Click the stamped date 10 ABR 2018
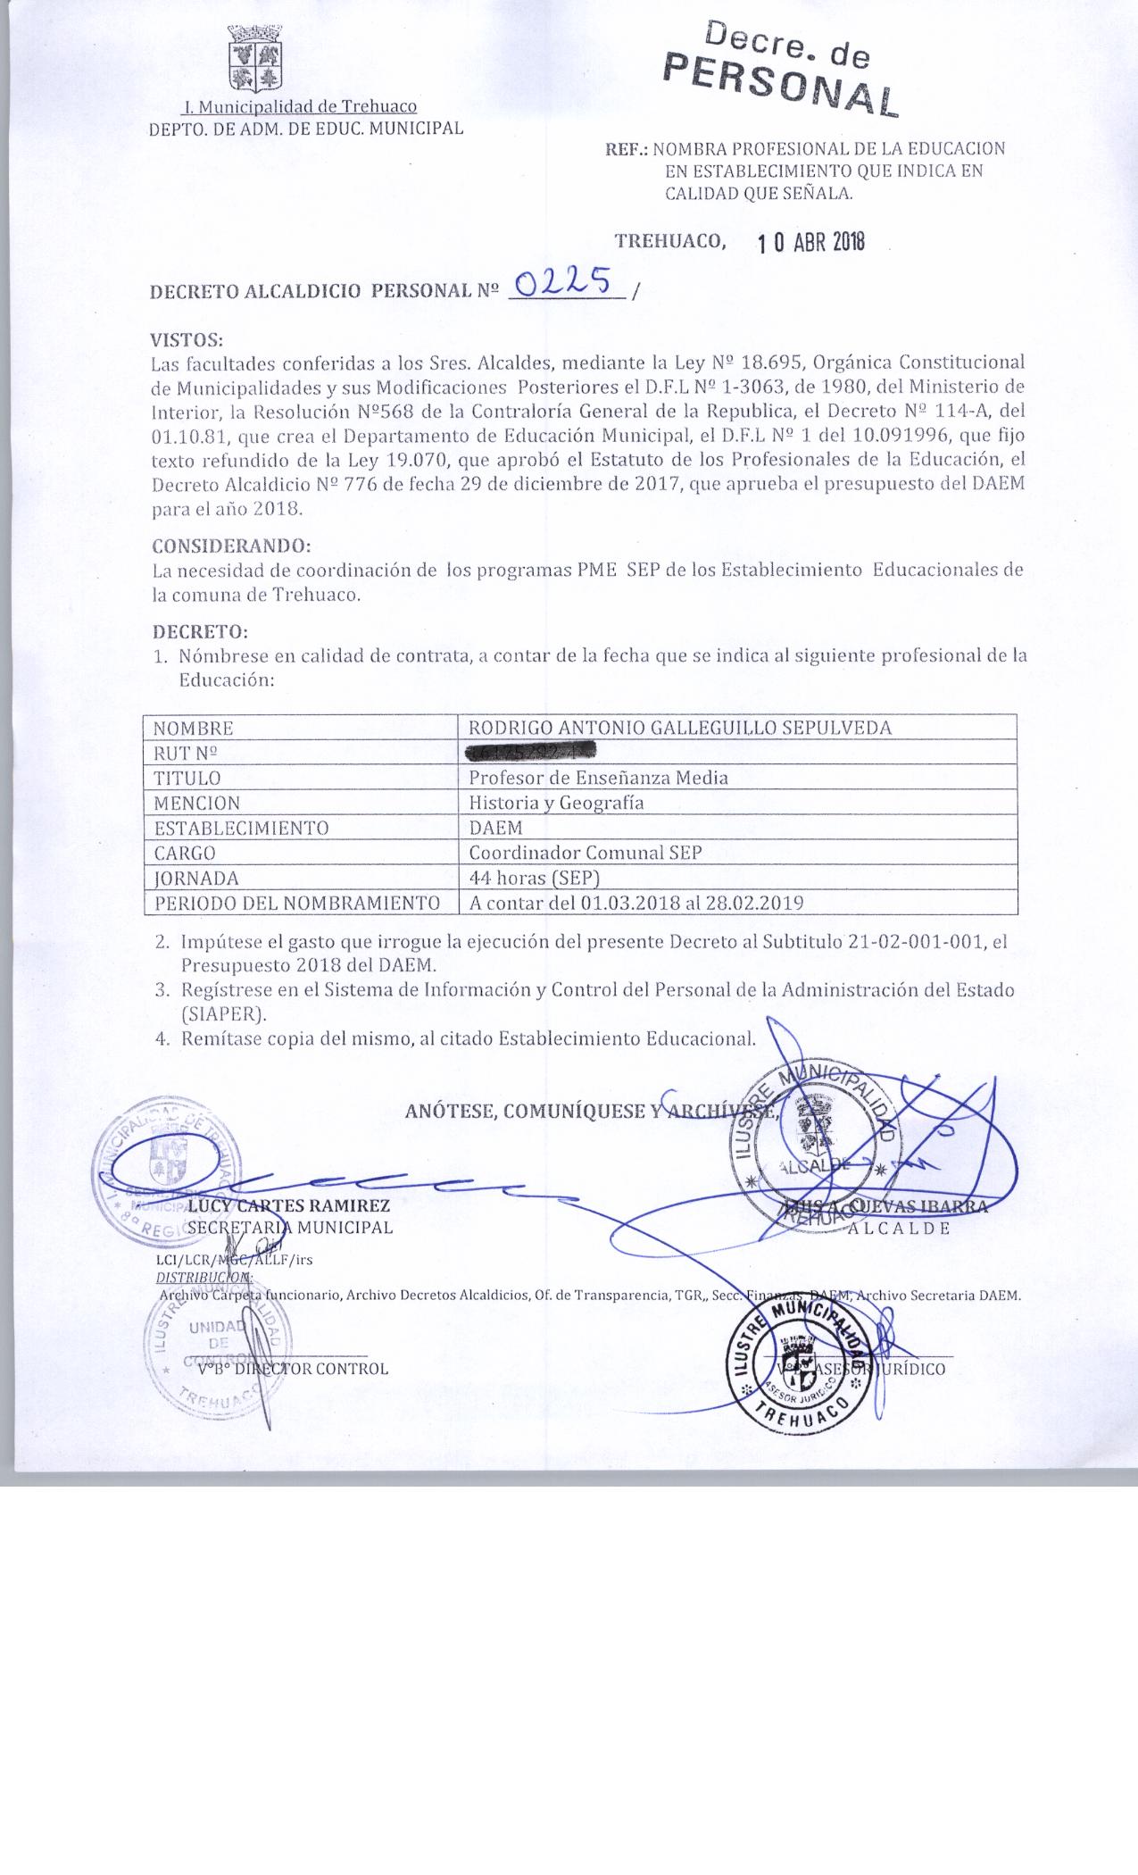(810, 243)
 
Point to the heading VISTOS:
(187, 339)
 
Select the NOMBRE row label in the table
(193, 728)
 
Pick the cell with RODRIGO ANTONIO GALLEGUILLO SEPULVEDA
(680, 728)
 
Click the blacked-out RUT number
(530, 753)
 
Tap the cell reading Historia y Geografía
(556, 803)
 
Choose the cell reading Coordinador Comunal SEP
(586, 853)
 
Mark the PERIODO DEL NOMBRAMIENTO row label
(297, 903)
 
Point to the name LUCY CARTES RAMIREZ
(288, 1206)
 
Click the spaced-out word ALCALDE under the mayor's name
(899, 1228)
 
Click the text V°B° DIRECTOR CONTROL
(293, 1369)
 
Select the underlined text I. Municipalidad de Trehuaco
(299, 107)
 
